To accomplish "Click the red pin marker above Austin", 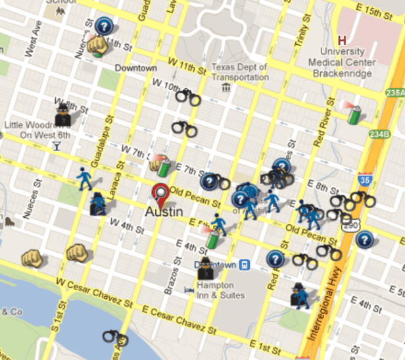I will click(x=159, y=195).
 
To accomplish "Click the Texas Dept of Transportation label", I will click(x=239, y=72).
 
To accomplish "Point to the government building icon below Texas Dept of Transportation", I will click(x=226, y=86).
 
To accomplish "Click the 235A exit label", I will click(x=396, y=93).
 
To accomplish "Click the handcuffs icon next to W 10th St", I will click(x=188, y=99).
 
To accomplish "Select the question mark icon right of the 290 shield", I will click(x=364, y=240).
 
